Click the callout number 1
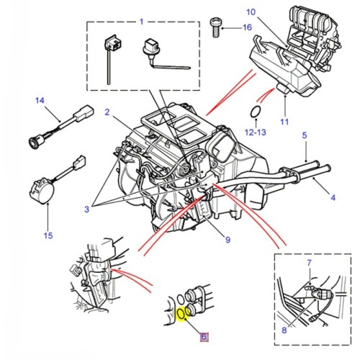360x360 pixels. click(x=142, y=21)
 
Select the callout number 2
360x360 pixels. click(x=106, y=112)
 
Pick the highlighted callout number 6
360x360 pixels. click(x=203, y=336)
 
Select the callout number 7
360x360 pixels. click(x=309, y=264)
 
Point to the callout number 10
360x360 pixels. click(x=251, y=12)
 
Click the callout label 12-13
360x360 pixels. click(x=253, y=132)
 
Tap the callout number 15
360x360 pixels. click(x=48, y=235)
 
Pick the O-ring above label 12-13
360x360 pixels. click(x=255, y=112)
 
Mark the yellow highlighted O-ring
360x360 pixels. click(x=181, y=315)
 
